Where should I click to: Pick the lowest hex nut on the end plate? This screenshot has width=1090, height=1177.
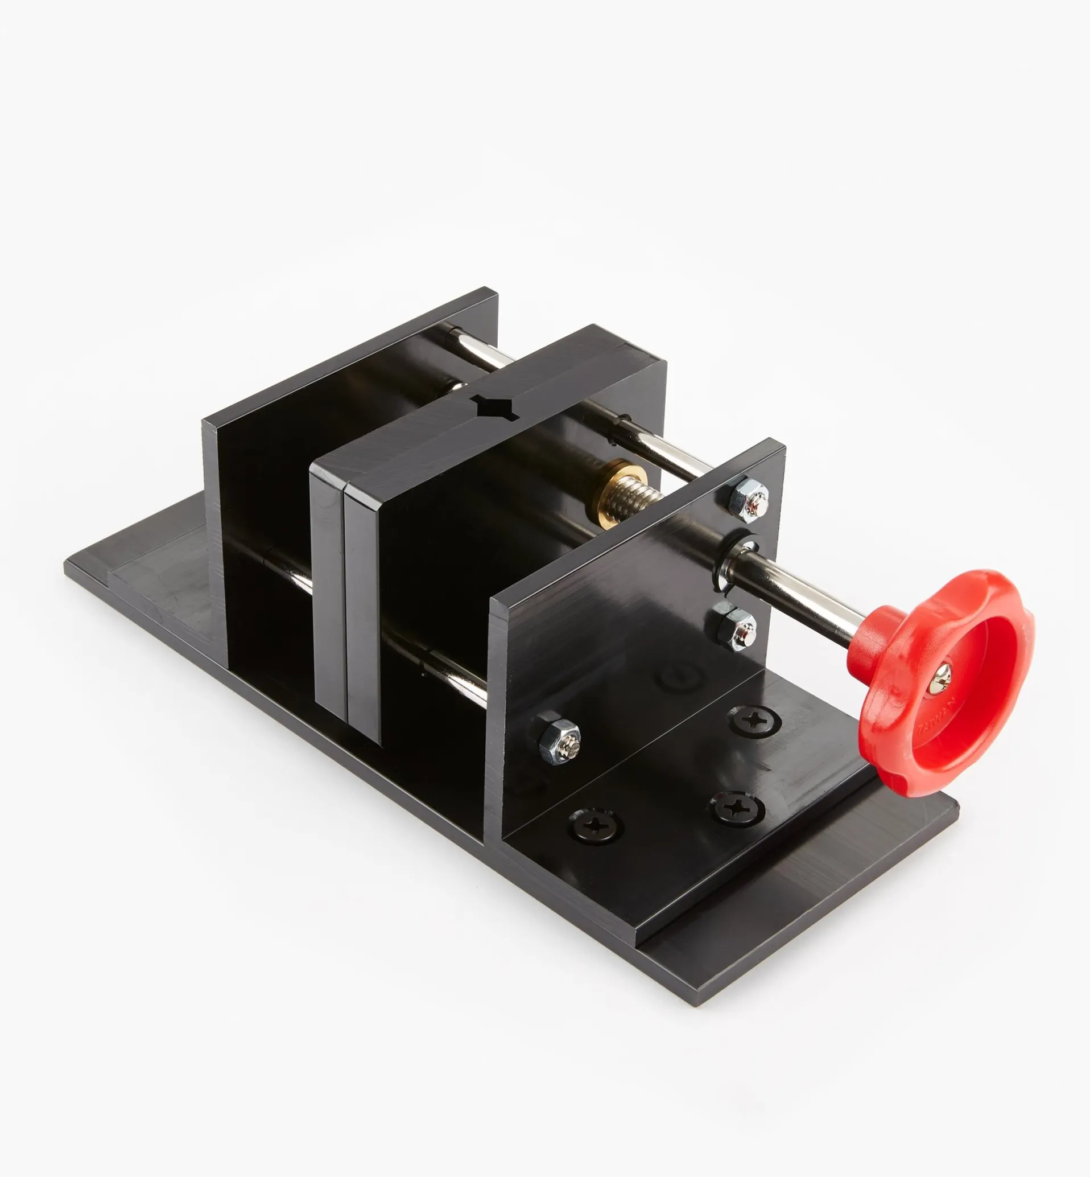(x=560, y=739)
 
